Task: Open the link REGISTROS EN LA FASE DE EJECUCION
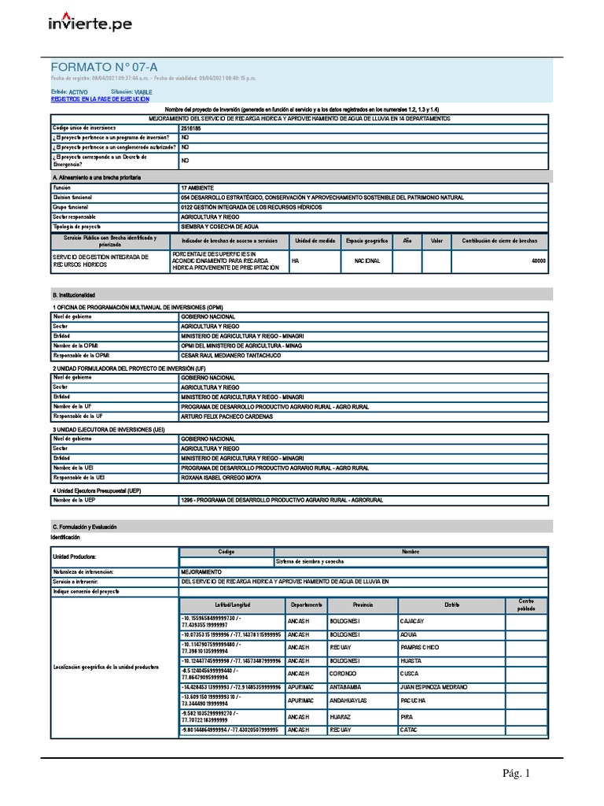100,100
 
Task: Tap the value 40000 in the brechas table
538,261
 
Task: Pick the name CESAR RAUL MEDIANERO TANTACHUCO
230,355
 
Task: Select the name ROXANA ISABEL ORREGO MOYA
221,477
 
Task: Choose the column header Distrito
451,604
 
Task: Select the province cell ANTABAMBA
347,686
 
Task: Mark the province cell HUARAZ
341,717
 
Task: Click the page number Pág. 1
517,775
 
